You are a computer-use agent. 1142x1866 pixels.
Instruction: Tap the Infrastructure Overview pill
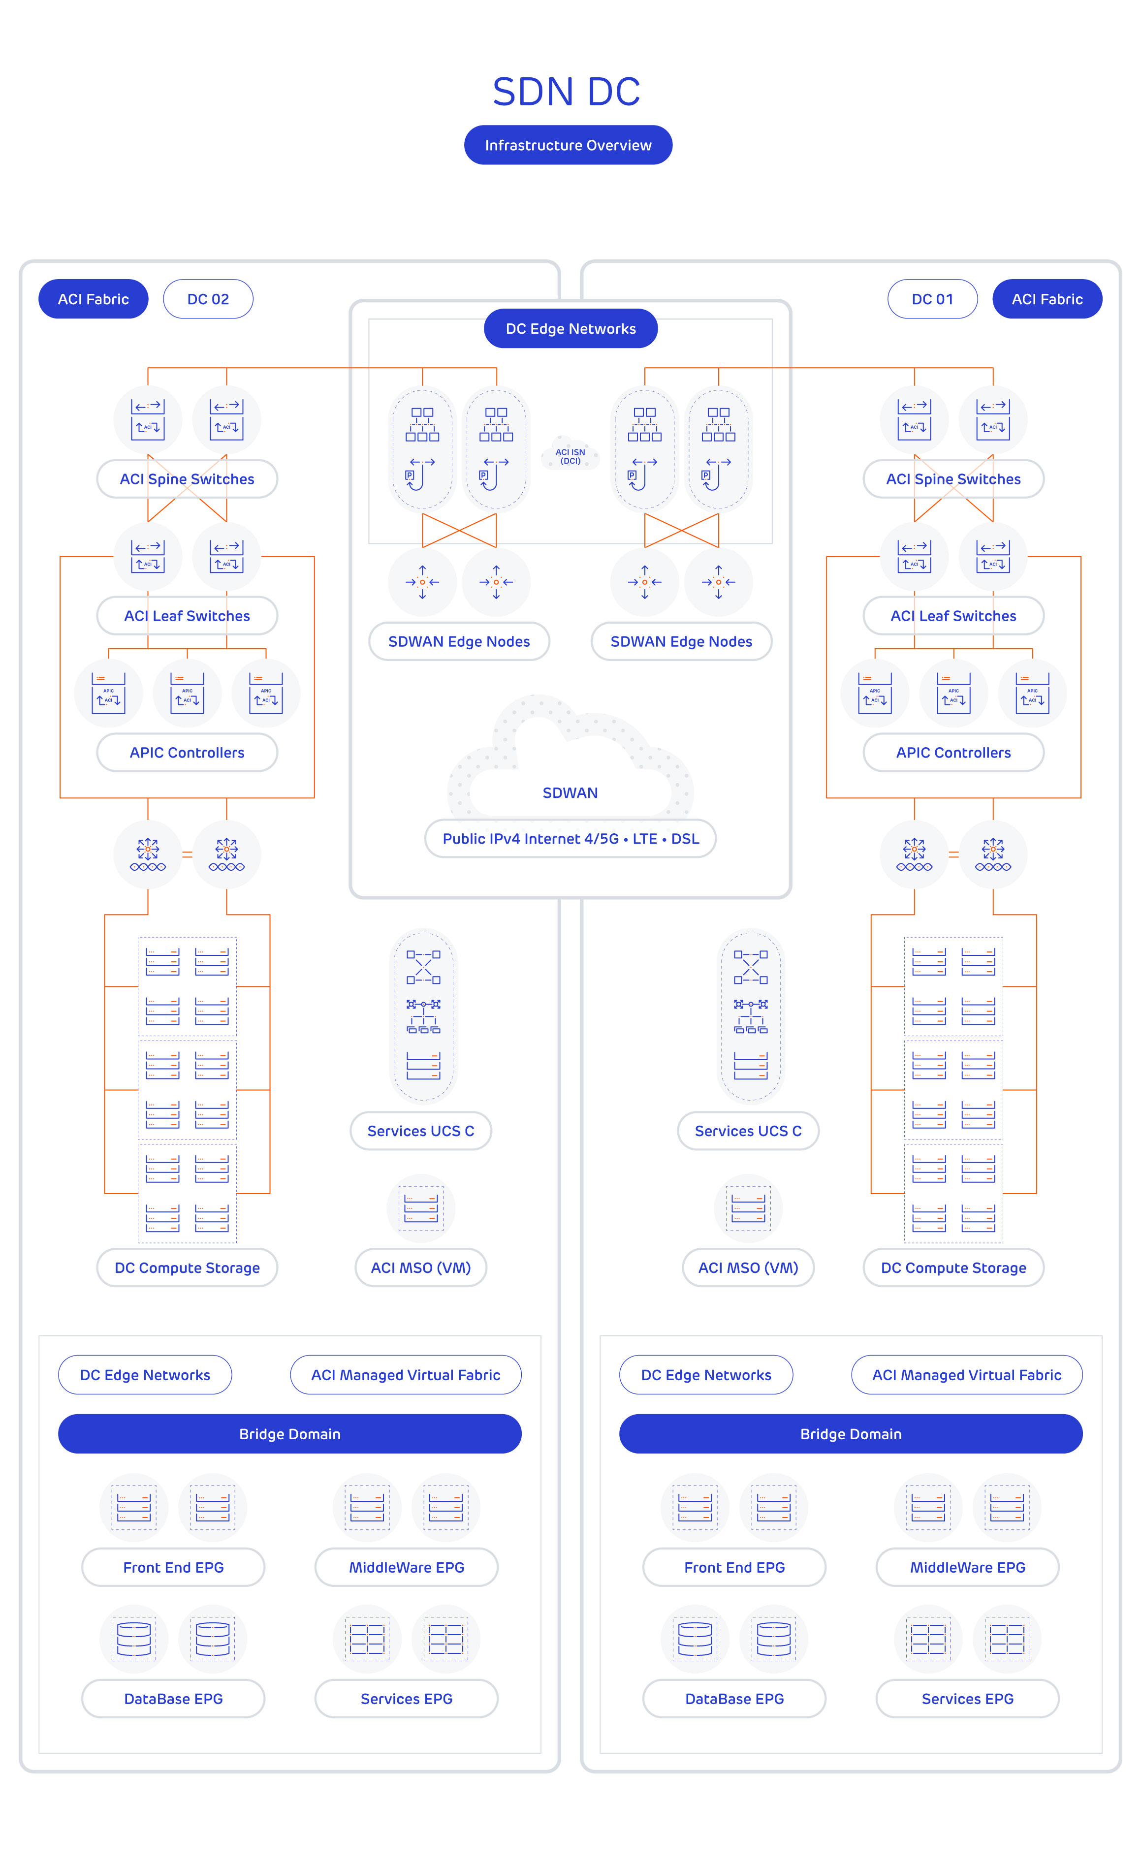[568, 145]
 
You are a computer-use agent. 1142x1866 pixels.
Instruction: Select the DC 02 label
[208, 299]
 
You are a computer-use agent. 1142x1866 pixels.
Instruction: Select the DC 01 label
[932, 299]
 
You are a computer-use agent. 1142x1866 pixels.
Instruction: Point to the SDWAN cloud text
[570, 793]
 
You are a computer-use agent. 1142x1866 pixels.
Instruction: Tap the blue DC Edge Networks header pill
[570, 329]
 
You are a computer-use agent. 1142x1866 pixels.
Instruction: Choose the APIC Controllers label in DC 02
[187, 753]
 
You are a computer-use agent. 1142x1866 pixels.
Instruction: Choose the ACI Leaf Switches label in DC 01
[953, 616]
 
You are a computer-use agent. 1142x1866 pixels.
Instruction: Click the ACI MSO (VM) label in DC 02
[421, 1268]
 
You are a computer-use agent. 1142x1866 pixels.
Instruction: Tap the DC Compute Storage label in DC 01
[953, 1268]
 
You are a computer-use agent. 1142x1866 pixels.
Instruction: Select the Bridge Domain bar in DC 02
[290, 1433]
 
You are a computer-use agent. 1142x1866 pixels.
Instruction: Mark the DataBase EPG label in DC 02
[173, 1699]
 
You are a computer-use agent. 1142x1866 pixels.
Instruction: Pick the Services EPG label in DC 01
[967, 1699]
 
